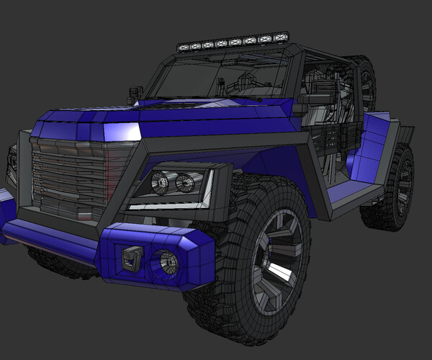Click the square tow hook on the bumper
tap(132, 257)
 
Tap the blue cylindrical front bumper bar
tap(50, 238)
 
